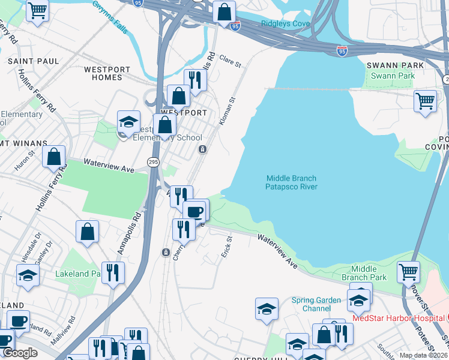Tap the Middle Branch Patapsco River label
291,182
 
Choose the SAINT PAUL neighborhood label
33,61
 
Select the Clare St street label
230,61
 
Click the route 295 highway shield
153,162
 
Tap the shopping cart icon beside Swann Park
425,100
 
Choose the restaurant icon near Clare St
195,79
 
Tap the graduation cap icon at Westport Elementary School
128,121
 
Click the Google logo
20,353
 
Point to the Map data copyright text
423,355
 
